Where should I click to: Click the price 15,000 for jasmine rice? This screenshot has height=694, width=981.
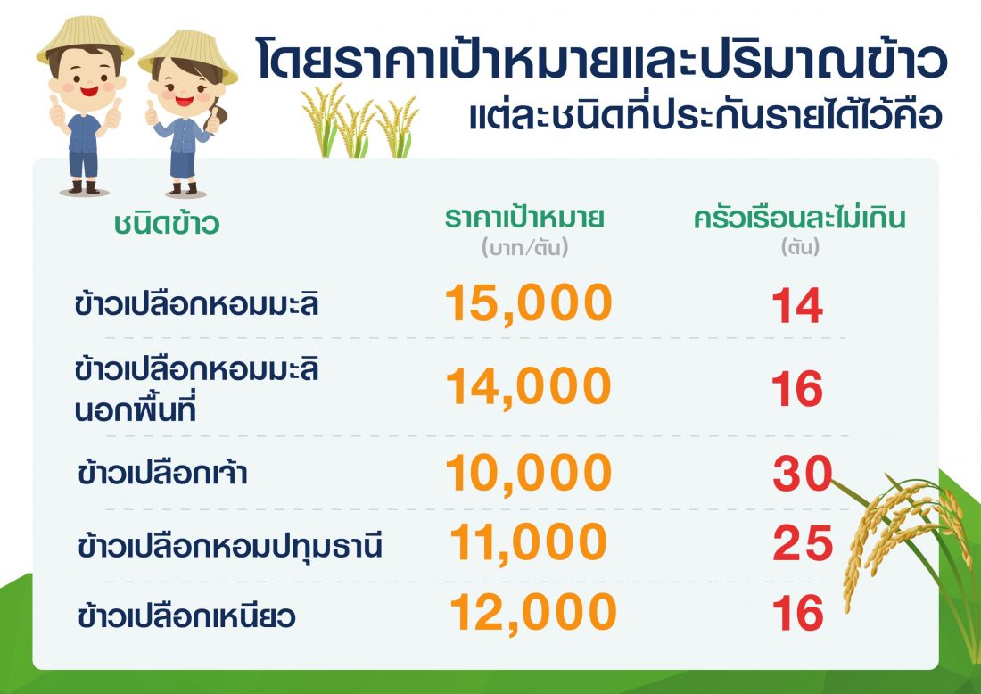[529, 303]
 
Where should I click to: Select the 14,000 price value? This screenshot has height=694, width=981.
[529, 387]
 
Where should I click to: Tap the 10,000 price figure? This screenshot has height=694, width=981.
[529, 473]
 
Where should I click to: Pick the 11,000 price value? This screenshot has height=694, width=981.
[529, 542]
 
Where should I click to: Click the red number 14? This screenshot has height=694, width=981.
[797, 305]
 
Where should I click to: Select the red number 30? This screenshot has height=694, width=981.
[803, 473]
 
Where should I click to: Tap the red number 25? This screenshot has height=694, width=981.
[803, 542]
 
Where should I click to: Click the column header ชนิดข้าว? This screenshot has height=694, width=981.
[167, 223]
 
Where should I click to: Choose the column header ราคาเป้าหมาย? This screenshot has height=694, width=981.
[524, 217]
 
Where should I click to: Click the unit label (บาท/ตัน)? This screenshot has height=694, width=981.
[524, 247]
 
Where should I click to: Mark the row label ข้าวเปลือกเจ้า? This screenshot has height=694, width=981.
[162, 472]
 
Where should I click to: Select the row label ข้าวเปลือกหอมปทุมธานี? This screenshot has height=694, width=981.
[229, 544]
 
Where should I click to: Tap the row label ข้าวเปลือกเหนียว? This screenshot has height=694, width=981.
[186, 615]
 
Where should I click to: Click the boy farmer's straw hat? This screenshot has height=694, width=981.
[85, 38]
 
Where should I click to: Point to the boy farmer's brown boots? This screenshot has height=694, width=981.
[84, 187]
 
